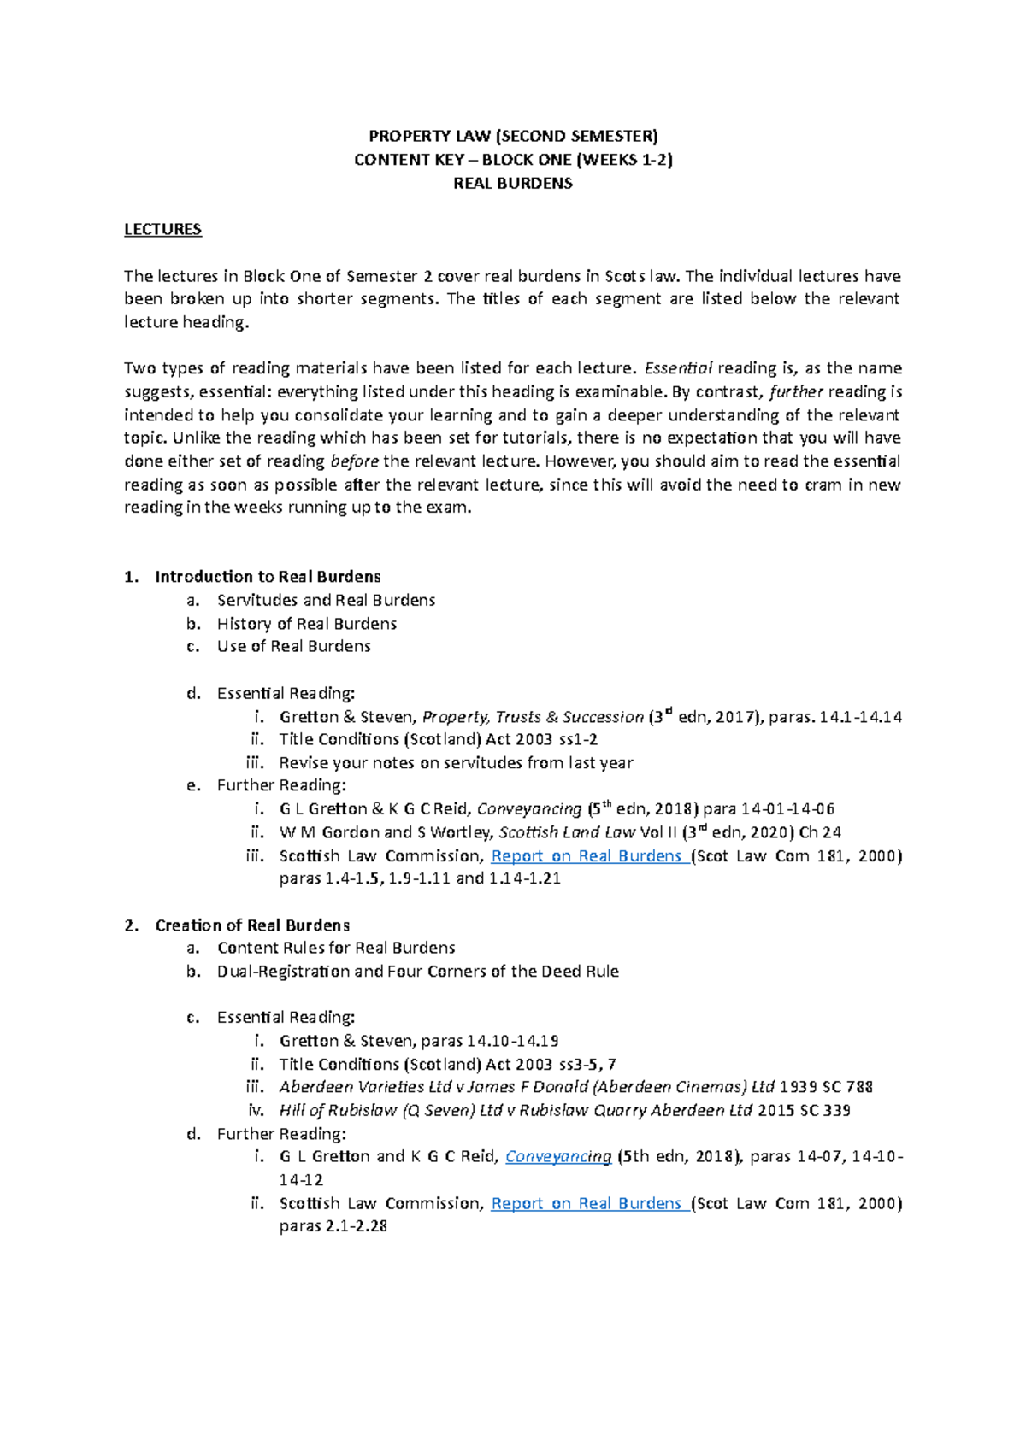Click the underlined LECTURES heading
[x=162, y=229]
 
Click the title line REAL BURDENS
[x=512, y=183]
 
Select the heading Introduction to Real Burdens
[x=268, y=577]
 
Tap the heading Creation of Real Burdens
[x=252, y=925]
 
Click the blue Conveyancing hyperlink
[x=558, y=1156]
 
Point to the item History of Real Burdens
[x=306, y=624]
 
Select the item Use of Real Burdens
[x=293, y=646]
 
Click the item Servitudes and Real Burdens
[x=326, y=600]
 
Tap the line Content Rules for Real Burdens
[x=335, y=948]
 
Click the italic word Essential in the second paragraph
[x=678, y=368]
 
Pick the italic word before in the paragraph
[x=354, y=461]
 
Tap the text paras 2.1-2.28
[x=333, y=1226]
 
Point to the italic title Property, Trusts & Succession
[x=533, y=717]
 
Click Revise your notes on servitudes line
[x=456, y=762]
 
